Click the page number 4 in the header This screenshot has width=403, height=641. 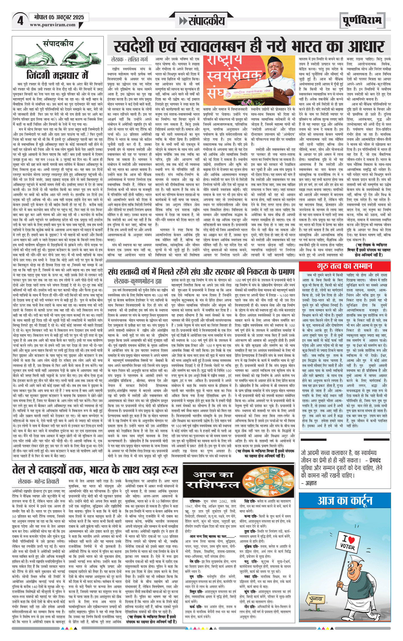tap(20, 21)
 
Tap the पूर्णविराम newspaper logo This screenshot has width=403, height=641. tap(362, 21)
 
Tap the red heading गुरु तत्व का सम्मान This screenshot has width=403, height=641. tap(344, 266)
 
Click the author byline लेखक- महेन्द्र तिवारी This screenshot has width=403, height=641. tap(38, 481)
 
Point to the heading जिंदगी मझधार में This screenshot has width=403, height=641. tap(57, 75)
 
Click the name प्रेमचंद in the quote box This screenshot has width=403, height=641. tap(375, 460)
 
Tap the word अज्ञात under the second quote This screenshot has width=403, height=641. tap(311, 483)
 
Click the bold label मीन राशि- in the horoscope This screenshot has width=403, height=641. tap(250, 607)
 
